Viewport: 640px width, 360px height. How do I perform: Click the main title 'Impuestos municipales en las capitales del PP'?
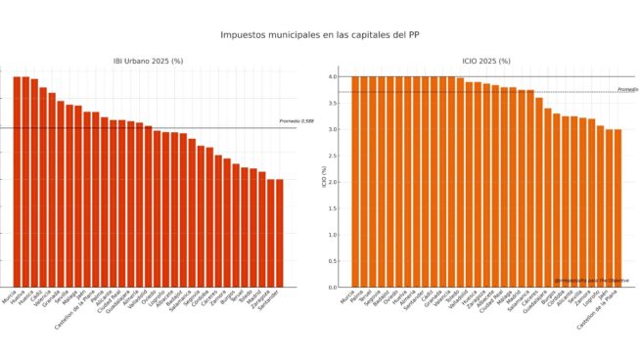(x=320, y=34)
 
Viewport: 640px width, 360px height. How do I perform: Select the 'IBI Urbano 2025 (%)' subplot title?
(x=148, y=61)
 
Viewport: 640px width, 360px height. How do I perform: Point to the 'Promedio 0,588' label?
(x=297, y=121)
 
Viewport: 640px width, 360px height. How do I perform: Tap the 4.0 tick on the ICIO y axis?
(x=334, y=76)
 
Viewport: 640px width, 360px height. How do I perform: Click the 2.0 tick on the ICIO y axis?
(x=334, y=182)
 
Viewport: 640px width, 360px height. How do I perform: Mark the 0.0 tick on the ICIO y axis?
(x=334, y=287)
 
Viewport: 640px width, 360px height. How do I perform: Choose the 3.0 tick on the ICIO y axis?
(x=334, y=129)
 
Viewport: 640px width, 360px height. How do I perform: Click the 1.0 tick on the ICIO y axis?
(x=334, y=235)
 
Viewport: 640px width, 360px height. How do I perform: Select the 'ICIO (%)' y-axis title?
(x=324, y=182)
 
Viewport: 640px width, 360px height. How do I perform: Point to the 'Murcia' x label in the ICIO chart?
(x=347, y=297)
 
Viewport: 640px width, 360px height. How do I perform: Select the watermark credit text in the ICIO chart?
(x=591, y=281)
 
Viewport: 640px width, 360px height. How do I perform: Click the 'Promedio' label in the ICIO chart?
(x=626, y=89)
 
